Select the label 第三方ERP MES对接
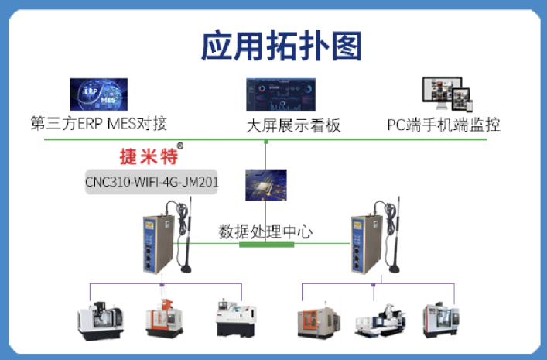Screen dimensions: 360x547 tap(98, 123)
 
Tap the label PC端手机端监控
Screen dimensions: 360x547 tap(443, 125)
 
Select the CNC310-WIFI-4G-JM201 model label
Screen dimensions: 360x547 tap(152, 183)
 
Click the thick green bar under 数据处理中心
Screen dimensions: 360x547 tap(266, 244)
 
